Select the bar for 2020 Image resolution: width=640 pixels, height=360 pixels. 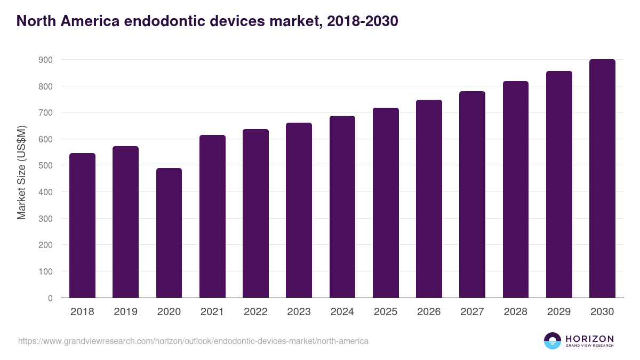169,233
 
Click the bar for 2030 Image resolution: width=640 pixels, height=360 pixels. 602,179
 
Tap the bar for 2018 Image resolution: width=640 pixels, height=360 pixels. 82,226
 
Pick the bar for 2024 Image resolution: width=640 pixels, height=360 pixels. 342,207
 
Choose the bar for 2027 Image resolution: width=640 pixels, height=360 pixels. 472,195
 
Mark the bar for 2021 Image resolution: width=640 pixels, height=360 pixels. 212,217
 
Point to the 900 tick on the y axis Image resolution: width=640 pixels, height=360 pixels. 46,60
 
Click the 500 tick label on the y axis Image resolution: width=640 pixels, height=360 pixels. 46,166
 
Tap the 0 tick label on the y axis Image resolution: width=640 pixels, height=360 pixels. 50,298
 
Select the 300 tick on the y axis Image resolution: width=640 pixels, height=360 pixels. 46,219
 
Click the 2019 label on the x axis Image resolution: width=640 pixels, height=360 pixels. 125,312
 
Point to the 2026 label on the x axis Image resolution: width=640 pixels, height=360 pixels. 429,312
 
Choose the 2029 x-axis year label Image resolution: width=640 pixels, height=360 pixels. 559,312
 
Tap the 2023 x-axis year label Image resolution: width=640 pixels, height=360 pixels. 299,312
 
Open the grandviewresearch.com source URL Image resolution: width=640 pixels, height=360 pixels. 193,341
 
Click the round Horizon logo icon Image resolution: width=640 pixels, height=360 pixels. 553,341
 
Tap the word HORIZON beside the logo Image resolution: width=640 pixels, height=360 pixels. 589,339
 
